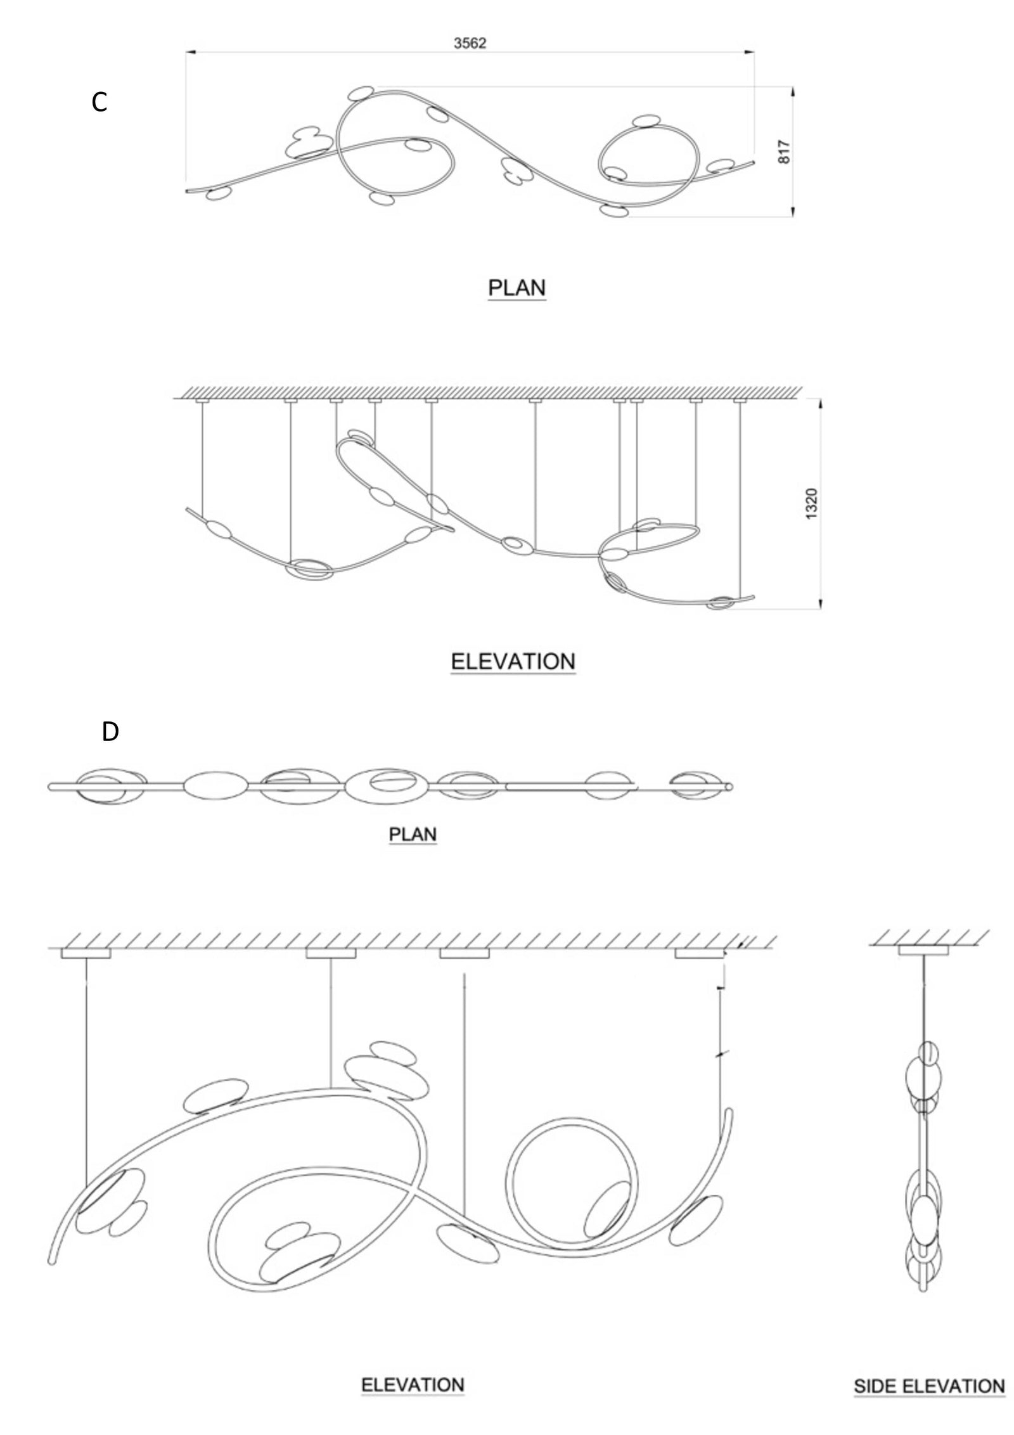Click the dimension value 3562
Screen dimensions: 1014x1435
click(470, 43)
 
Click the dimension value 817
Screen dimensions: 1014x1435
click(785, 151)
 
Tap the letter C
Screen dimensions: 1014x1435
click(99, 102)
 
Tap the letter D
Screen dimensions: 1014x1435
click(110, 731)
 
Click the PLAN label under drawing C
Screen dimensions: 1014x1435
click(517, 288)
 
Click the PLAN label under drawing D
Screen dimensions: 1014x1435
click(413, 834)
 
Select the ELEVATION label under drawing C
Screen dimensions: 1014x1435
click(513, 662)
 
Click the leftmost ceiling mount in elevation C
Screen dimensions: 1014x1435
click(202, 401)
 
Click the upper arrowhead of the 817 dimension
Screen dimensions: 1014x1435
click(793, 93)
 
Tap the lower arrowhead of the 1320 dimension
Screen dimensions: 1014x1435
click(821, 603)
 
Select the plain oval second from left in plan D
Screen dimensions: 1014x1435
click(215, 786)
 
